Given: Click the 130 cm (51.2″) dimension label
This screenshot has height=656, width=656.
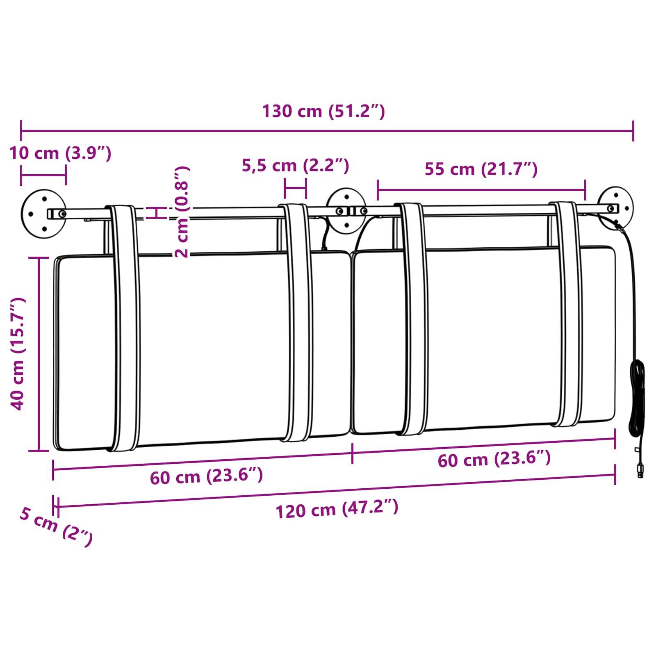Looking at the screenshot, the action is coord(323,111).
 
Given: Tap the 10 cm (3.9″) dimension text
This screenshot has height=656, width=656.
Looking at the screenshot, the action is coord(60,153).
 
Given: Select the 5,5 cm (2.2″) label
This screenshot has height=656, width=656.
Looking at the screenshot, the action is coord(295,165).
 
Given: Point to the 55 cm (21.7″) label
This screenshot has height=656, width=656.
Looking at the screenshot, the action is coord(481,169).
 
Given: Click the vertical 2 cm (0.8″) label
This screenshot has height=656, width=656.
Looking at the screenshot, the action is coord(182,212).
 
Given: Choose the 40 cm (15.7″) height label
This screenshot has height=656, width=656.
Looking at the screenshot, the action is coord(18,354).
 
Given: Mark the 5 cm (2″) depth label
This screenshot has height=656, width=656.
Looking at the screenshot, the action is coord(56,526).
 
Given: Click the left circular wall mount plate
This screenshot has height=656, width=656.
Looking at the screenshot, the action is coord(43,214).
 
